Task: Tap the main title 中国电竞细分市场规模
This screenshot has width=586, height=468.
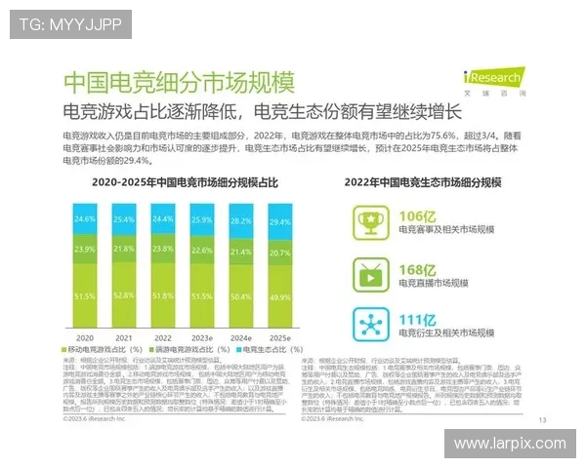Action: coord(178,82)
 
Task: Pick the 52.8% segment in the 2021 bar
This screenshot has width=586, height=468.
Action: coord(123,292)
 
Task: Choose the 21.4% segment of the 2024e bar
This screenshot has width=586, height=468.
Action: coord(239,252)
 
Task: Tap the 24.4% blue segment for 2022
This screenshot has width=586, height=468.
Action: coord(162,219)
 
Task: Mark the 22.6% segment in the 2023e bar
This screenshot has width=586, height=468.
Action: coord(201,250)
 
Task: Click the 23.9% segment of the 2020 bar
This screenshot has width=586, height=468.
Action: coord(84,250)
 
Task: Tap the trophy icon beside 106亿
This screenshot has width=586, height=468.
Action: coord(368,221)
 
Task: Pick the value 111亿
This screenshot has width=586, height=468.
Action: coord(417,319)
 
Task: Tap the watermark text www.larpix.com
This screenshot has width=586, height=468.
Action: coord(510,444)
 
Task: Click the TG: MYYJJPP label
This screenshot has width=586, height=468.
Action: coord(69,24)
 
